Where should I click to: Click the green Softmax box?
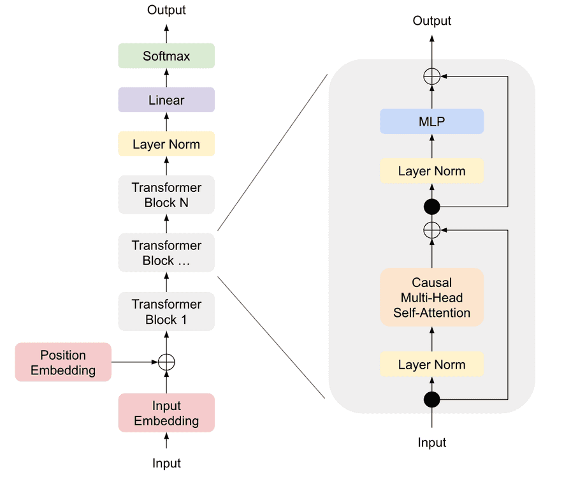(166, 56)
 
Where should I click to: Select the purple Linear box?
(166, 100)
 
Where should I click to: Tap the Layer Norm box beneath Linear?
(166, 144)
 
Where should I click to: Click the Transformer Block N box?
(166, 195)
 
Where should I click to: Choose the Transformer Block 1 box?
(166, 312)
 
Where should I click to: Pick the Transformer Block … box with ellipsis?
(166, 253)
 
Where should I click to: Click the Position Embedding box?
(63, 362)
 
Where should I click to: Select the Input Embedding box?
(166, 413)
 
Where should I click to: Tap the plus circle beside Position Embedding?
(166, 362)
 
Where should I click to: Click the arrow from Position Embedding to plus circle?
(134, 362)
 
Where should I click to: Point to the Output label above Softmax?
(166, 10)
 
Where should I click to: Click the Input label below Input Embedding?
(166, 464)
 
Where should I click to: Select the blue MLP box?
(432, 121)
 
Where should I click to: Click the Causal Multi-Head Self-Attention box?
(432, 298)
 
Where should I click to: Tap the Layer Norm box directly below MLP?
(432, 171)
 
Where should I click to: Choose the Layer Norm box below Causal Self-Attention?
(432, 365)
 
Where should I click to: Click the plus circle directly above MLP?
(432, 77)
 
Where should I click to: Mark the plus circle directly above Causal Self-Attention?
(432, 230)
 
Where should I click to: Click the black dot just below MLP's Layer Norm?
(432, 207)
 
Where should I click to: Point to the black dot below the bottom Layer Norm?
(432, 400)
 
